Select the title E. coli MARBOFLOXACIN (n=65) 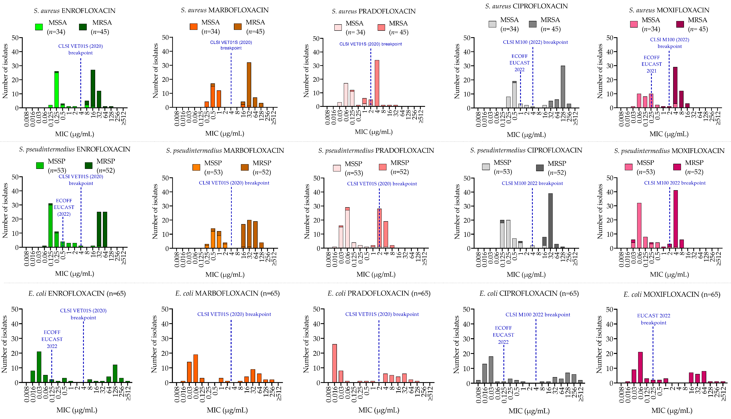coord(227,293)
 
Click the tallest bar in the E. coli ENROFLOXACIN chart coord(39,367)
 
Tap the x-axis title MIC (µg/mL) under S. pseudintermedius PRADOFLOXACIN coord(376,274)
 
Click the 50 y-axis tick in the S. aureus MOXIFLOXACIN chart coord(610,38)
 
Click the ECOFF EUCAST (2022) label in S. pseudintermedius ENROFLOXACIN coord(64,207)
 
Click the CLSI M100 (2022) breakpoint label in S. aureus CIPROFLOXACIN coord(535,42)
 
